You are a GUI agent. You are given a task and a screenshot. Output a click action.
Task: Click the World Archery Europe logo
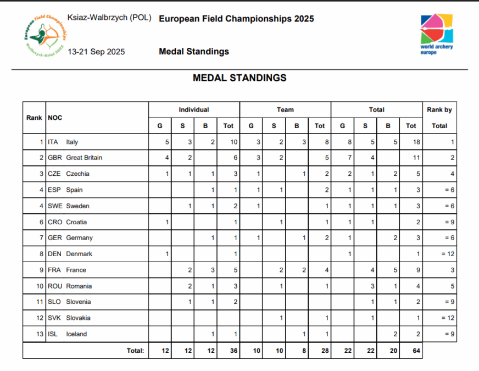[x=437, y=34]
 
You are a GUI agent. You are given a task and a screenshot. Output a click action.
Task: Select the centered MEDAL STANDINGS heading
[x=239, y=78]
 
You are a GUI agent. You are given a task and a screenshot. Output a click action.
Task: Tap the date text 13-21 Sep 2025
[x=96, y=52]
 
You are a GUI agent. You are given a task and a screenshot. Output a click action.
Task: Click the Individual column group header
[x=193, y=110]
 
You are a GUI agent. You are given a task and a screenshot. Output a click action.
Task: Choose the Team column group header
[x=285, y=110]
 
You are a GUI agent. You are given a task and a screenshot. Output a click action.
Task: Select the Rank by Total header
[x=439, y=118]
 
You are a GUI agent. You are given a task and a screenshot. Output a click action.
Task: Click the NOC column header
[x=55, y=118]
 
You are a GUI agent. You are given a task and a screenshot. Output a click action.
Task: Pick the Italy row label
[x=72, y=142]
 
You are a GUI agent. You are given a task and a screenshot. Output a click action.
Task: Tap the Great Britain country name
[x=84, y=158]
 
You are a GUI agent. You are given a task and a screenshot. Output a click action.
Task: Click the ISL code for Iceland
[x=53, y=334]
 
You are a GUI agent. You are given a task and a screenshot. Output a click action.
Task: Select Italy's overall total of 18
[x=416, y=142]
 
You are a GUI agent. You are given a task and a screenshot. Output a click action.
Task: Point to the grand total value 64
[x=416, y=351]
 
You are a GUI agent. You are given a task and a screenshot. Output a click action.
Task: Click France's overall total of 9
[x=417, y=270]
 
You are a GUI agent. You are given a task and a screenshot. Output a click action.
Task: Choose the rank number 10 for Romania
[x=38, y=286]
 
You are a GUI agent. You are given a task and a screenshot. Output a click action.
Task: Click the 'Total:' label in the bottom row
[x=135, y=351]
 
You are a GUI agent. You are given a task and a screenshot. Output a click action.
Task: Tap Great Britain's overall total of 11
[x=416, y=158]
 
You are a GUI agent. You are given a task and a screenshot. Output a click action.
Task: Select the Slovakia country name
[x=79, y=318]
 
